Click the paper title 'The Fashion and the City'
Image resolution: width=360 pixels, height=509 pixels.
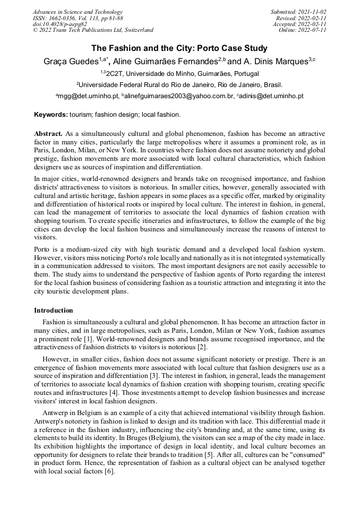(x=179, y=48)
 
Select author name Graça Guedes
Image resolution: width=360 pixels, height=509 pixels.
(x=71, y=62)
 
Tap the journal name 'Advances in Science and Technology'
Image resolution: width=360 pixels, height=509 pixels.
(x=78, y=12)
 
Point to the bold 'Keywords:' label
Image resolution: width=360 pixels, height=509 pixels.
(x=51, y=114)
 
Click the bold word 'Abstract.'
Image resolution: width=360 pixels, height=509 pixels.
(x=48, y=133)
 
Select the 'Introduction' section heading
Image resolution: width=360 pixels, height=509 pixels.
(x=54, y=310)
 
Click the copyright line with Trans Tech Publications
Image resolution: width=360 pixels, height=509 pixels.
(x=93, y=30)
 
